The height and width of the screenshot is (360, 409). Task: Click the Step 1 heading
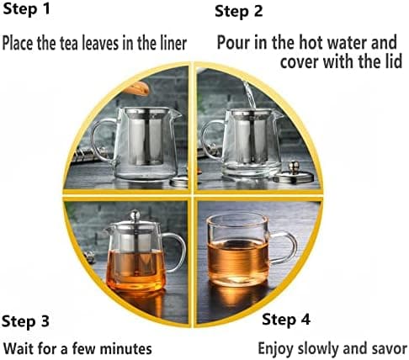tap(26, 8)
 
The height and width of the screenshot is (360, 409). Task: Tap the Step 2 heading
tap(239, 11)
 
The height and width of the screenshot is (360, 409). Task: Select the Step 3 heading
tap(25, 321)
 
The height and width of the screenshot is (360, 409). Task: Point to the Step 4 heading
tap(286, 320)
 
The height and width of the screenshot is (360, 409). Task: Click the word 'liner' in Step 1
tap(173, 43)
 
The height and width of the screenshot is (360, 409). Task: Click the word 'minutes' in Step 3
tap(126, 349)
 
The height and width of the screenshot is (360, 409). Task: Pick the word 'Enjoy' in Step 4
tap(276, 349)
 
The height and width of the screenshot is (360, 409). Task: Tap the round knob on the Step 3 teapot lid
tap(135, 215)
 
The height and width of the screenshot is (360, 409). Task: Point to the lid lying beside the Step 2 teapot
tap(295, 173)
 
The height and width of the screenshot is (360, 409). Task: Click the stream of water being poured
tap(250, 95)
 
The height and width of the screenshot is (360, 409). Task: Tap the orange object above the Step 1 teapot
tap(136, 88)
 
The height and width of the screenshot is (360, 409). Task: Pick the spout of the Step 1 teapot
tap(176, 114)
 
